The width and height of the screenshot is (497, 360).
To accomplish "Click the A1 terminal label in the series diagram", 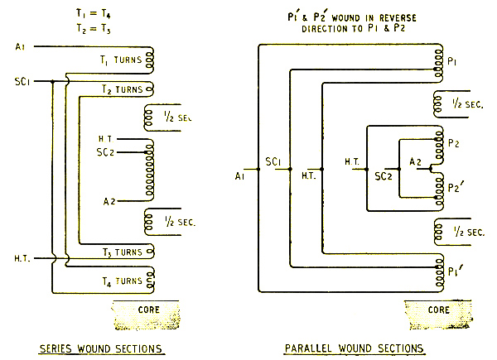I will coord(21,46).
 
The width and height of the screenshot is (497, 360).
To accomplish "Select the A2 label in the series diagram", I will coord(109,201).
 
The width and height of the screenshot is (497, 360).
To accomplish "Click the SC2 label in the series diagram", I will coord(107,153).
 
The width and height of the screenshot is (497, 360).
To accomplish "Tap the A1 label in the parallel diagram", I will coord(239,176).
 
